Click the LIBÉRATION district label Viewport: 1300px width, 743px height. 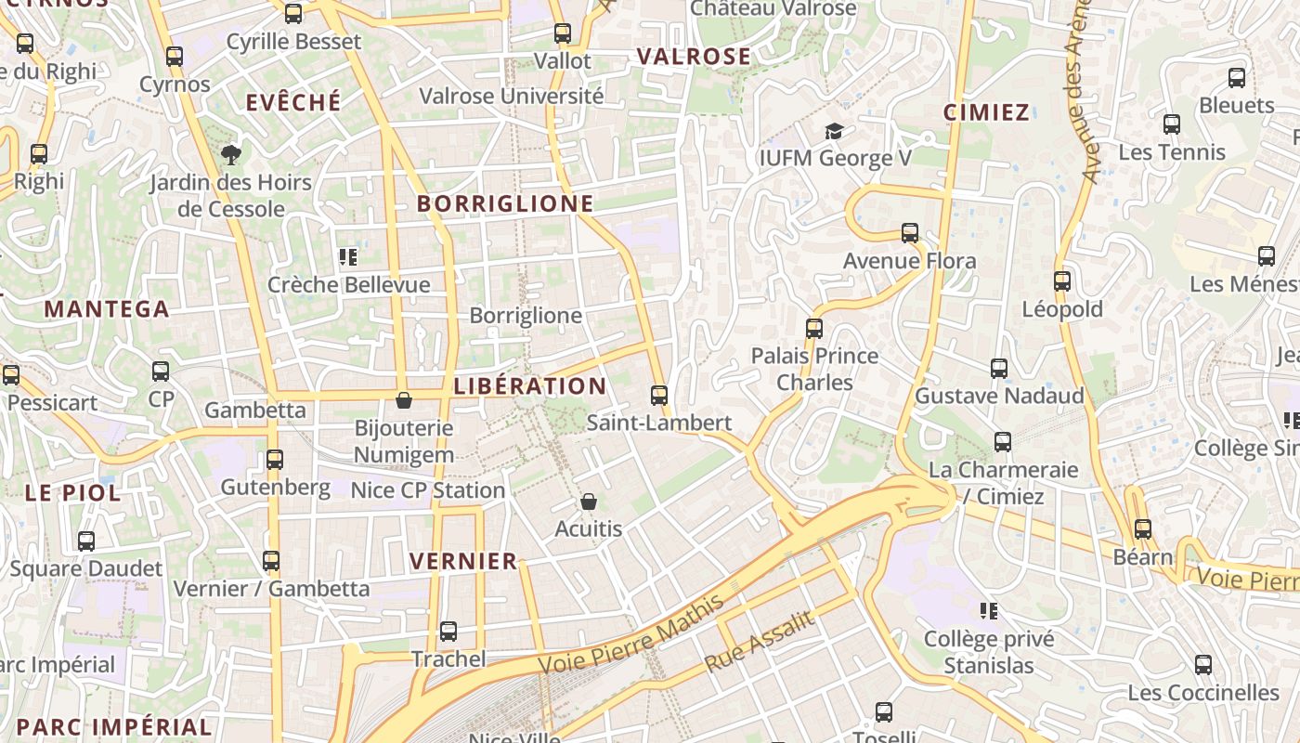[x=529, y=385]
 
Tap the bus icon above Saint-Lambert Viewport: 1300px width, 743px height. [x=659, y=396]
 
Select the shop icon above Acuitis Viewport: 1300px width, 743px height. [x=588, y=502]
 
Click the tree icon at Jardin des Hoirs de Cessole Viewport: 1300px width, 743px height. [x=230, y=155]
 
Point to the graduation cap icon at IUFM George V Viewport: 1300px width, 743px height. [x=835, y=131]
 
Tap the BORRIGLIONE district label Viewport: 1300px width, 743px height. [x=505, y=203]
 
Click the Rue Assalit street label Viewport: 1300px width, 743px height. [x=760, y=642]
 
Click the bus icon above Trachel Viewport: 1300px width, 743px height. [x=448, y=632]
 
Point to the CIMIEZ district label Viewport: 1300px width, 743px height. [x=986, y=112]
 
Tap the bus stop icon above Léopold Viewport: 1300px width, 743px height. [x=1062, y=280]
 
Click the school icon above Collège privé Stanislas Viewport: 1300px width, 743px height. [x=989, y=611]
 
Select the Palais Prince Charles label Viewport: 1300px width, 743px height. [x=814, y=369]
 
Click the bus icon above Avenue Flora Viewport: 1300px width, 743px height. [x=910, y=233]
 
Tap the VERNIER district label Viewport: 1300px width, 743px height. [x=463, y=561]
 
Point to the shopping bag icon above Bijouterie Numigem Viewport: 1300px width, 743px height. [x=404, y=400]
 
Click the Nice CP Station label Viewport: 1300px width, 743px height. [x=428, y=489]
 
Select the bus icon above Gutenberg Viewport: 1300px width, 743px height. [x=275, y=460]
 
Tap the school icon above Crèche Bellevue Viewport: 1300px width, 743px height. [x=348, y=256]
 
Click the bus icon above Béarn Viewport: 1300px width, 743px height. [x=1143, y=529]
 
